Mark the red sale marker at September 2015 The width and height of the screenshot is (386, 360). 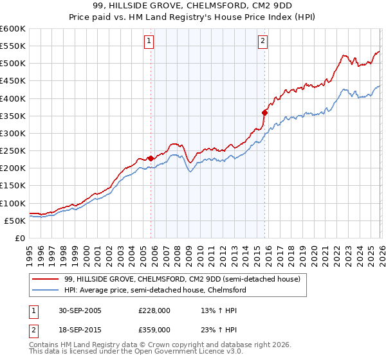(264, 113)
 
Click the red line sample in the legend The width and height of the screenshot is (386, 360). (45, 279)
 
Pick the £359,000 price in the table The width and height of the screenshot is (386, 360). (154, 329)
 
